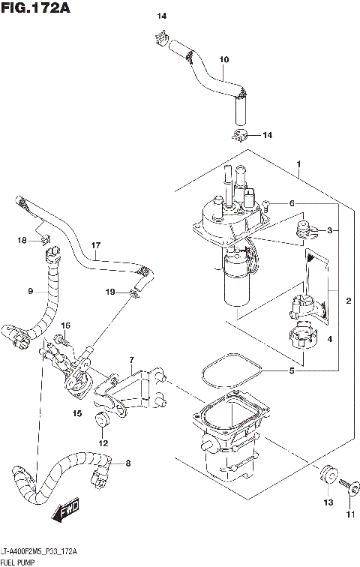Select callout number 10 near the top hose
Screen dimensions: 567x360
coord(223,59)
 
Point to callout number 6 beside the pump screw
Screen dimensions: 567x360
coord(292,203)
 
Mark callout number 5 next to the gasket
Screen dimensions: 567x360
coord(292,370)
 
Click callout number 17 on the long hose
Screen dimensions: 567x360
coord(95,245)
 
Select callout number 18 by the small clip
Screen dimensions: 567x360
coord(22,240)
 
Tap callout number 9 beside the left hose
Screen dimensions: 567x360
coord(30,291)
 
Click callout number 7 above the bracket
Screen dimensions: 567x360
coord(131,361)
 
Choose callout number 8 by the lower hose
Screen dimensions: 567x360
coord(127,463)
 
